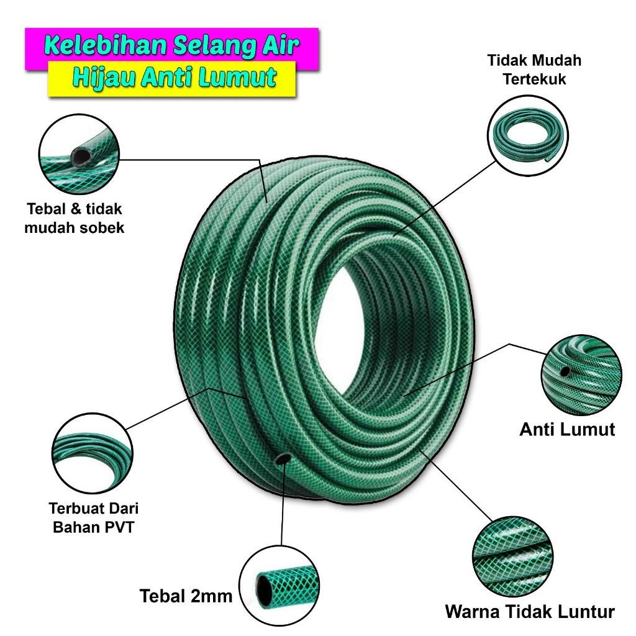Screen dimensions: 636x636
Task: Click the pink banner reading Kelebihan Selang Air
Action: coord(171,45)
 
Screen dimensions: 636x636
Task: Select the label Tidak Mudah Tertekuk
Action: coord(534,70)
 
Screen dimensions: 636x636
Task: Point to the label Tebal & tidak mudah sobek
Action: coord(75,217)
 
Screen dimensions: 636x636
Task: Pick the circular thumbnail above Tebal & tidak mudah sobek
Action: coord(78,152)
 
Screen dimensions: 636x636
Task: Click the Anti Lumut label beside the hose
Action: coord(567,429)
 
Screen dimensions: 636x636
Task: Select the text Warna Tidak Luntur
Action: coord(530,611)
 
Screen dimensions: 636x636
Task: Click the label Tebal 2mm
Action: coord(186,597)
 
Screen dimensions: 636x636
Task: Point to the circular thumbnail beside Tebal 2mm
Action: coord(279,585)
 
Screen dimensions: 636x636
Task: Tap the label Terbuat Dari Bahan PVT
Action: coord(93,517)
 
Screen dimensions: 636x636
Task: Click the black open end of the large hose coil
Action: coord(282,458)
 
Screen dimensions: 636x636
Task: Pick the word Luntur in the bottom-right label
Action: coord(583,611)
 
